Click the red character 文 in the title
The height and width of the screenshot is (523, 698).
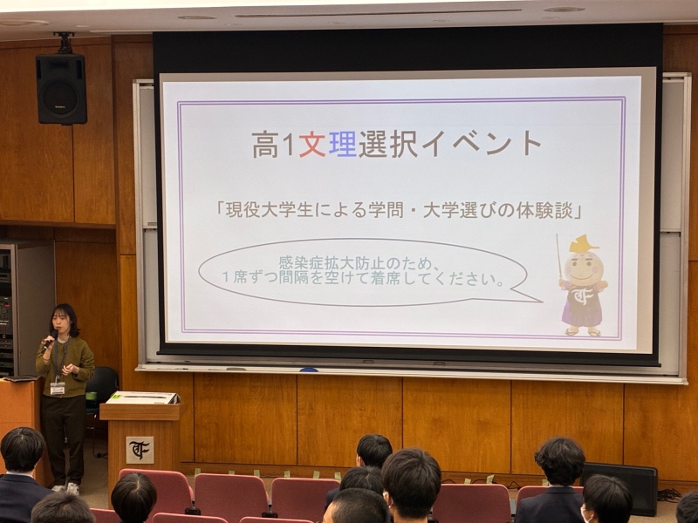click(x=311, y=144)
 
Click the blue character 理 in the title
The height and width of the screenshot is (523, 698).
click(x=342, y=144)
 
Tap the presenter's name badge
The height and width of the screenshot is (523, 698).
click(x=58, y=388)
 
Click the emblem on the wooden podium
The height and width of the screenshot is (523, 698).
click(x=140, y=450)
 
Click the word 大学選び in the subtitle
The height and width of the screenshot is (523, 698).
click(x=473, y=210)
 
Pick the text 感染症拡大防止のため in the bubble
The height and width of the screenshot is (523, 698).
click(x=353, y=262)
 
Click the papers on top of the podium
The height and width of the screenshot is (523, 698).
click(x=141, y=397)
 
